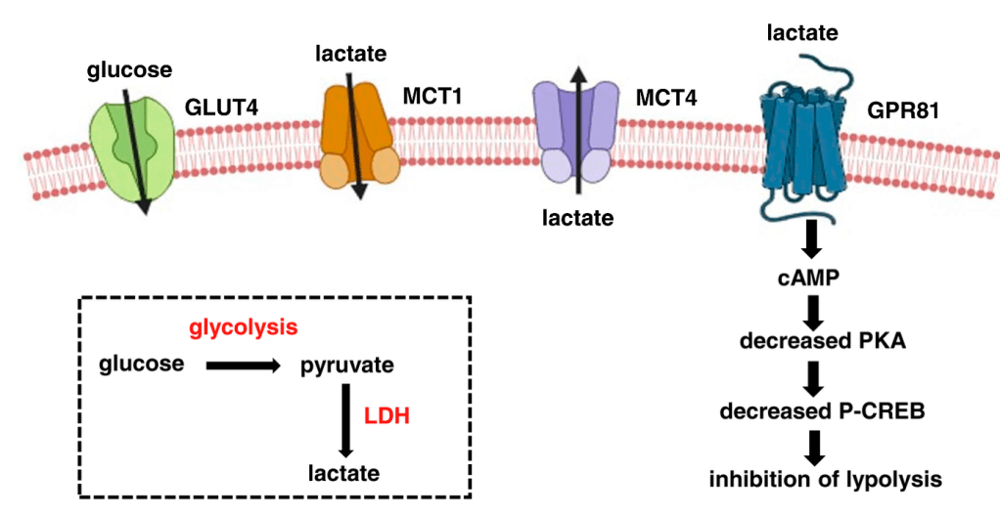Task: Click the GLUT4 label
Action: (222, 107)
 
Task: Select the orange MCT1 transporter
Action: (358, 137)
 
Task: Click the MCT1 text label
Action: (432, 96)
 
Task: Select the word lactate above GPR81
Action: (802, 33)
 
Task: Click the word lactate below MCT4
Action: (578, 217)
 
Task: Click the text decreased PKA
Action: (811, 343)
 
